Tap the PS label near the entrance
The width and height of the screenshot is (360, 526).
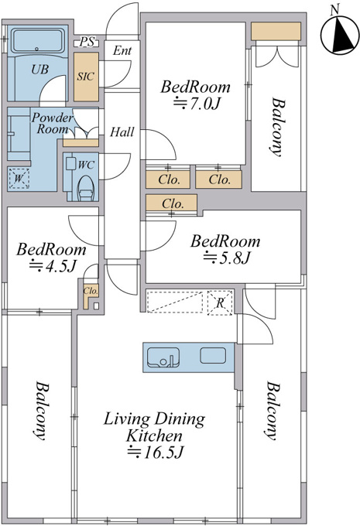(87, 42)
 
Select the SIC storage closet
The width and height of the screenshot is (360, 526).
(86, 77)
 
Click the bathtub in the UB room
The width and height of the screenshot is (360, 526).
(38, 42)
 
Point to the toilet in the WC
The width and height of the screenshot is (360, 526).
(86, 188)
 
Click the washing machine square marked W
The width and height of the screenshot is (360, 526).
(19, 179)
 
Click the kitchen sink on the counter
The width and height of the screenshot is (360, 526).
(163, 357)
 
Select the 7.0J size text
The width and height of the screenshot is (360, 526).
(196, 104)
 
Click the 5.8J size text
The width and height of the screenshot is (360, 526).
(226, 258)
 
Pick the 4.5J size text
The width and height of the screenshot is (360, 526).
(53, 266)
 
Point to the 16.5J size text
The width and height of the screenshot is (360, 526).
(155, 453)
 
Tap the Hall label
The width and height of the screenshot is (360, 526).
(122, 131)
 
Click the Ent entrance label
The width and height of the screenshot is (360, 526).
(122, 50)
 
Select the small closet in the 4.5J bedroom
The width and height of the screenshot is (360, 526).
(91, 295)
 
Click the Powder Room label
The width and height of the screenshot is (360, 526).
(52, 123)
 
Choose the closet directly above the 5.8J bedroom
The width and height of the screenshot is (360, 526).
(172, 203)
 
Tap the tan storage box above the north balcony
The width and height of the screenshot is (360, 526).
(276, 31)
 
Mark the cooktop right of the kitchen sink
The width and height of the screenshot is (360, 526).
(213, 356)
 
